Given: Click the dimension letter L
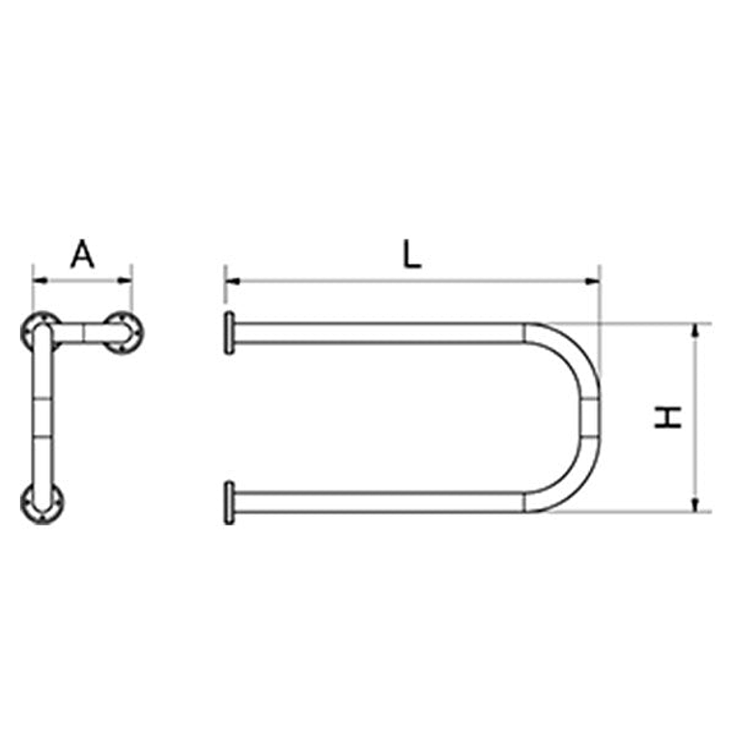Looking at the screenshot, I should [412, 255].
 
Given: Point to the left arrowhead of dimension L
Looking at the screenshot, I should [231, 281].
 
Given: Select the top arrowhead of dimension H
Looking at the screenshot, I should [694, 329].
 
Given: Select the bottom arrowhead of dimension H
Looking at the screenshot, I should [694, 505].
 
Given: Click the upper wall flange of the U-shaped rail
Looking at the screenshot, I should [229, 333].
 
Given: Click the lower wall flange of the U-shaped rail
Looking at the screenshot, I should [229, 502].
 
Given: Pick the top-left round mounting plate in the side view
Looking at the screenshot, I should [41, 331].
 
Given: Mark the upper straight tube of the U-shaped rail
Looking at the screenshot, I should [377, 333].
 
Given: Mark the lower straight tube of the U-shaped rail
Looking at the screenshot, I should [377, 502].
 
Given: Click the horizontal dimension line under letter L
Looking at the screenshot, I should [412, 281].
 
